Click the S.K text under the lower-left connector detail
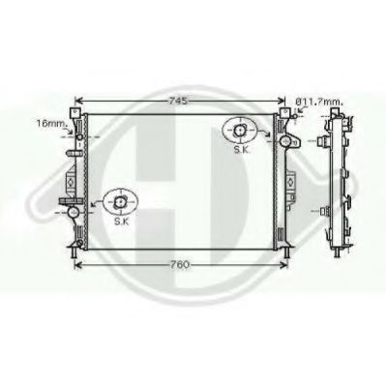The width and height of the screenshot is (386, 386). click(121, 222)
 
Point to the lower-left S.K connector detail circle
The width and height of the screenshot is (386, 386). click(121, 201)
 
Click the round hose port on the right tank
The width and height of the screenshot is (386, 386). click(286, 141)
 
